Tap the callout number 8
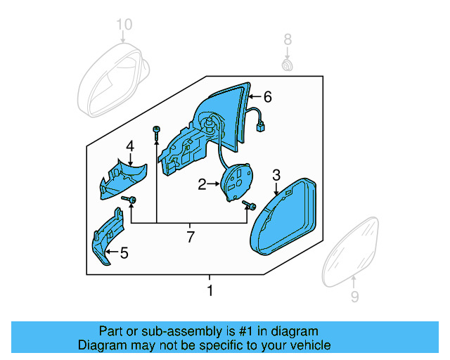[x=287, y=39]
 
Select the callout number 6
[x=266, y=96]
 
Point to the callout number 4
[x=129, y=146]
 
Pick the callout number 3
[x=276, y=175]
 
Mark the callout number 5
[x=124, y=252]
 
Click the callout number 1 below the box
[x=209, y=290]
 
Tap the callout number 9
[x=354, y=297]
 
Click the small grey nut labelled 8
[x=287, y=65]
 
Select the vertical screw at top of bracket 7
[x=156, y=134]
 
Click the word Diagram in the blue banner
[x=103, y=345]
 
